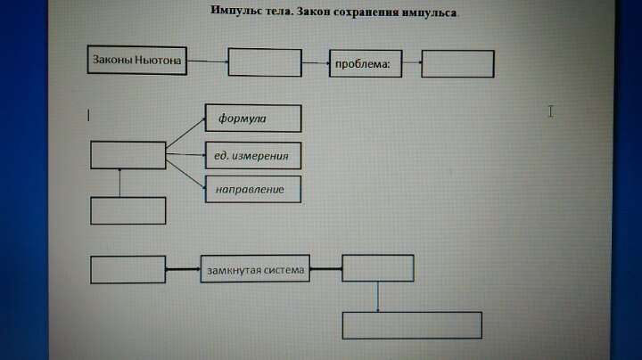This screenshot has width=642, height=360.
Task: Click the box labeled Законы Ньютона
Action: tap(136, 61)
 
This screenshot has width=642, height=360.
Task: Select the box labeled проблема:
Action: tap(366, 63)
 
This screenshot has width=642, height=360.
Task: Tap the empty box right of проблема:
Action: tap(457, 63)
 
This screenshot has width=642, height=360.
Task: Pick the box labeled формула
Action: tap(253, 119)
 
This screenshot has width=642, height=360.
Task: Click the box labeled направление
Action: tap(253, 189)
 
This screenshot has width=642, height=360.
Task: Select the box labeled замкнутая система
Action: tap(256, 269)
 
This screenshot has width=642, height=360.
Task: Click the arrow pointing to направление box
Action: tap(186, 174)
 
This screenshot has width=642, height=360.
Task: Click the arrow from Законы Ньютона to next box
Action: tap(207, 61)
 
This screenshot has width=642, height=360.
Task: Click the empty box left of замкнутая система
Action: tap(128, 269)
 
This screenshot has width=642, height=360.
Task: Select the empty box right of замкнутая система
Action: tap(378, 268)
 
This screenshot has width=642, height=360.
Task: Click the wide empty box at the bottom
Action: tap(412, 325)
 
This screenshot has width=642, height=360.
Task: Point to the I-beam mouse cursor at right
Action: tap(550, 110)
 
